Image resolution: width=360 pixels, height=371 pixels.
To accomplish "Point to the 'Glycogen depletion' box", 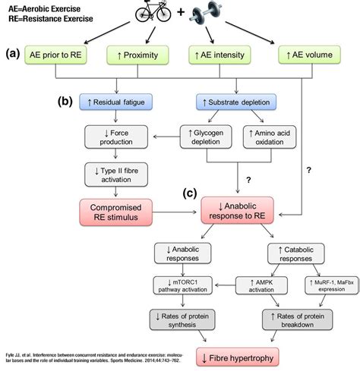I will point(204,137).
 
